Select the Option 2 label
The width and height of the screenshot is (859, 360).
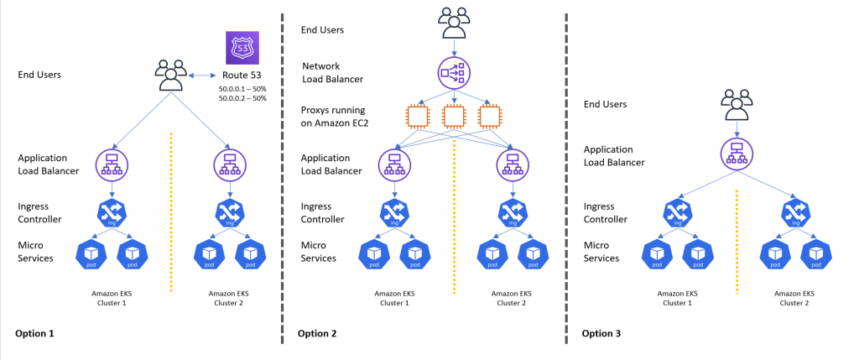click(x=317, y=334)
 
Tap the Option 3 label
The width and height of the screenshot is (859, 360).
click(x=601, y=334)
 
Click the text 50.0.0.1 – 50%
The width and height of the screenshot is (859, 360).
click(x=242, y=87)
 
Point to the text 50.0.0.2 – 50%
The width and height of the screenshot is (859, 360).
click(x=242, y=98)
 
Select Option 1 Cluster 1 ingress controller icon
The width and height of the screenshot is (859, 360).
click(x=111, y=210)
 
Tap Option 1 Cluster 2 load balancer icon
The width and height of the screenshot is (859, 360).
click(x=229, y=163)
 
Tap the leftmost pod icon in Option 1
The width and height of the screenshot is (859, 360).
click(x=91, y=252)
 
